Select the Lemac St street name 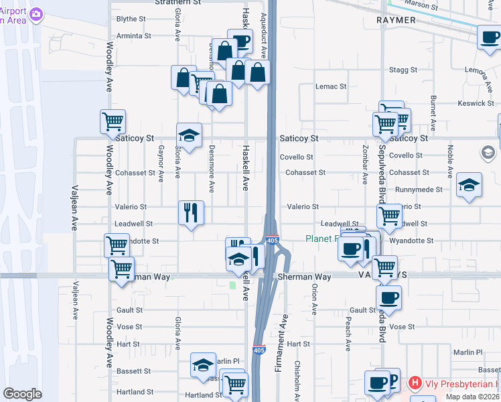coord(332,86)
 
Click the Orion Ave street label coord(313,299)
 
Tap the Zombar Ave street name coord(365,164)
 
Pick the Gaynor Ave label coord(161,163)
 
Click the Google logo coord(23,394)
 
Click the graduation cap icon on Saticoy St coord(189,135)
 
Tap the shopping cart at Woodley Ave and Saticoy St coord(113,122)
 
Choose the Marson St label coord(424,7)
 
